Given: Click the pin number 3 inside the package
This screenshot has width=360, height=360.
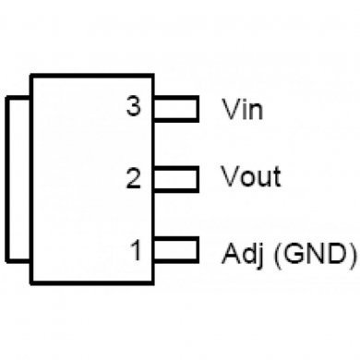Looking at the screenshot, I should [x=134, y=107].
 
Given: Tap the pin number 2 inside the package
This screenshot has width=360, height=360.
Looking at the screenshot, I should [x=134, y=177].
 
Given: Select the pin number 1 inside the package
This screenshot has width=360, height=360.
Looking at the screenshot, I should [x=135, y=249].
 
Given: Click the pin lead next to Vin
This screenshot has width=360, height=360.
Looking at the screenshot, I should [x=175, y=109].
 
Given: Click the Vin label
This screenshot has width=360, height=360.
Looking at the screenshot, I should [x=243, y=110].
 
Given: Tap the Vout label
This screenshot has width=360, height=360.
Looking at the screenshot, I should [x=252, y=176].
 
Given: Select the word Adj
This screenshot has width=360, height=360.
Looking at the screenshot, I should [x=243, y=253].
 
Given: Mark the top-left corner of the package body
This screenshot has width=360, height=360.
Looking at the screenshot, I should [x=32, y=75].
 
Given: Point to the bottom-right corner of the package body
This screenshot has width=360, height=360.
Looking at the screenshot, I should [x=154, y=282].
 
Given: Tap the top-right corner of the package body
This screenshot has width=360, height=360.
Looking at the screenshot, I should [x=154, y=75].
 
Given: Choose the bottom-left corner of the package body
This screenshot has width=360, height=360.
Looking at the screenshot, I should [x=32, y=282].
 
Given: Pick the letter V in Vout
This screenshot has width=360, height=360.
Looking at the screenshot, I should [x=231, y=176].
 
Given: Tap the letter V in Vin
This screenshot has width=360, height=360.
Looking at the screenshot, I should [x=232, y=110].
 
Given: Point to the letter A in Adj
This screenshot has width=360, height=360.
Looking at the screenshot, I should [x=231, y=251].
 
